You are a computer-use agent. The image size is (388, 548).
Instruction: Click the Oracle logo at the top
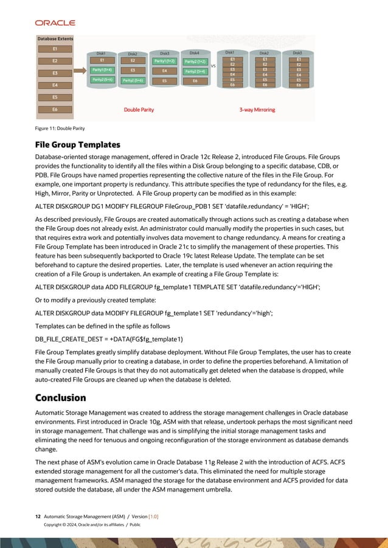pyautogui.click(x=55, y=22)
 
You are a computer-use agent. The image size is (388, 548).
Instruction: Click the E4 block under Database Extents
pyautogui.click(x=55, y=85)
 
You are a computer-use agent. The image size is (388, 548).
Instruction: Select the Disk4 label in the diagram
pyautogui.click(x=195, y=53)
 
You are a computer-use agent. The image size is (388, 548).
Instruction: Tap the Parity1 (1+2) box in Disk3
pyautogui.click(x=164, y=61)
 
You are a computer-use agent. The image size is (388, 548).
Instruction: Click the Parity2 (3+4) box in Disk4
pyautogui.click(x=195, y=71)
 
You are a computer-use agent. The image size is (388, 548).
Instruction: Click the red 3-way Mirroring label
pyautogui.click(x=258, y=109)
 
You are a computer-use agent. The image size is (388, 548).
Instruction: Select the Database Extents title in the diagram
pyautogui.click(x=54, y=39)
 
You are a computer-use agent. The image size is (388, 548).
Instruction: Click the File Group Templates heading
pyautogui.click(x=77, y=145)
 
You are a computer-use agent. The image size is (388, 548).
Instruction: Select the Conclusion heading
pyautogui.click(x=60, y=398)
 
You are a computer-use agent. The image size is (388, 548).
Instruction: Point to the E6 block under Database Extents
pyautogui.click(x=55, y=109)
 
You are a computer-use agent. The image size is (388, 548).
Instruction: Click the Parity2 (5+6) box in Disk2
pyautogui.click(x=133, y=80)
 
